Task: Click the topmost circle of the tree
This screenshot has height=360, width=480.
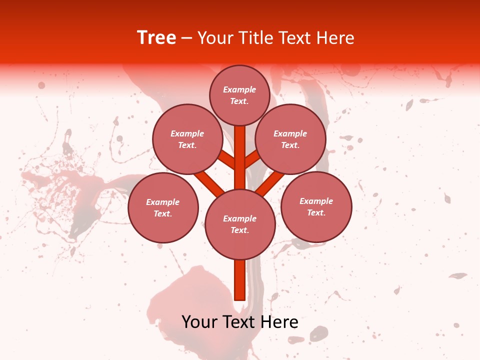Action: click(239, 95)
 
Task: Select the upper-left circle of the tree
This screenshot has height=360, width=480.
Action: click(187, 139)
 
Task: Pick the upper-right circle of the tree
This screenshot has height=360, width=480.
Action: click(290, 139)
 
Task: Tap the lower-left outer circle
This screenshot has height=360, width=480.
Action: click(163, 207)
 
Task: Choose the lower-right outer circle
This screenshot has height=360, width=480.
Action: click(316, 206)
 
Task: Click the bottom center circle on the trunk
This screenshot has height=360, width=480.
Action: click(240, 224)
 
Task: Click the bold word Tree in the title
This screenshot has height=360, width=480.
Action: click(156, 38)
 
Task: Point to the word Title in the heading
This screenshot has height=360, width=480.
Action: click(254, 38)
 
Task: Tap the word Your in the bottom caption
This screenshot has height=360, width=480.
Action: click(199, 322)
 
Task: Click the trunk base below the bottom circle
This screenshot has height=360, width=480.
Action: click(239, 280)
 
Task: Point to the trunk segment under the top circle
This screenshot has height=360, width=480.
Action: click(240, 150)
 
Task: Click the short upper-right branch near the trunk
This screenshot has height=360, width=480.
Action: click(252, 159)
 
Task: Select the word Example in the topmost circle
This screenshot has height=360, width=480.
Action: click(239, 90)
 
